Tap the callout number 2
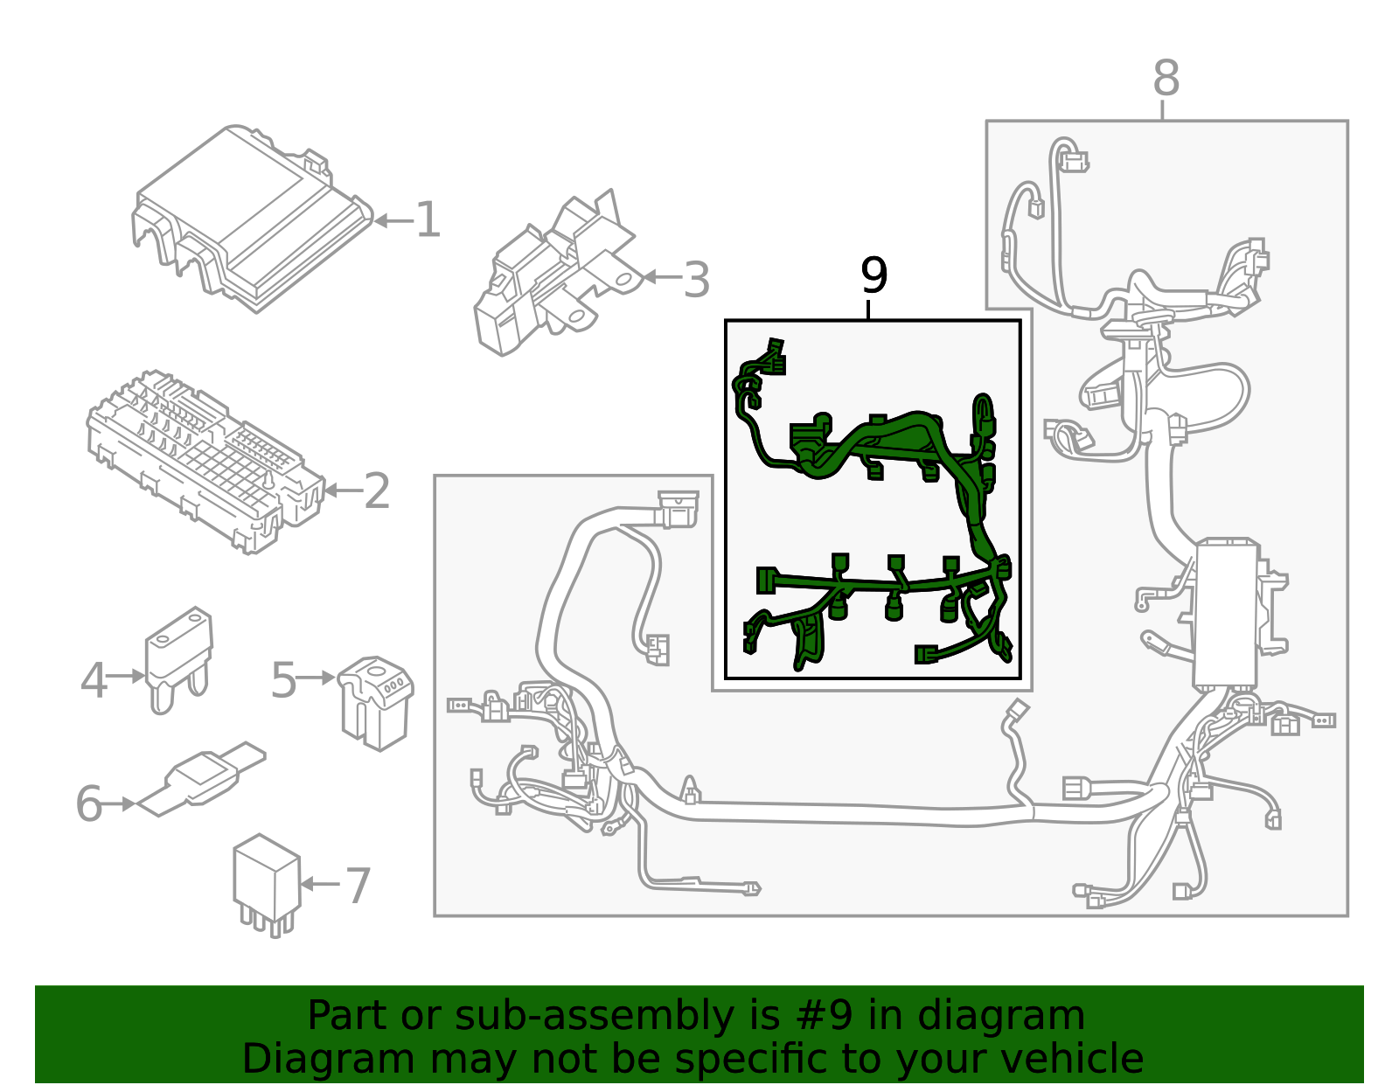click(377, 491)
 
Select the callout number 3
click(696, 280)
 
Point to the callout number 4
click(94, 679)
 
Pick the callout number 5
click(283, 679)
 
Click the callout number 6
click(89, 803)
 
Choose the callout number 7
click(358, 886)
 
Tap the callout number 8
click(1166, 79)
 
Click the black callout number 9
click(874, 276)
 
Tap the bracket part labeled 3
click(551, 271)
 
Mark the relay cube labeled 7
click(265, 879)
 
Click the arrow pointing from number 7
click(320, 884)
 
